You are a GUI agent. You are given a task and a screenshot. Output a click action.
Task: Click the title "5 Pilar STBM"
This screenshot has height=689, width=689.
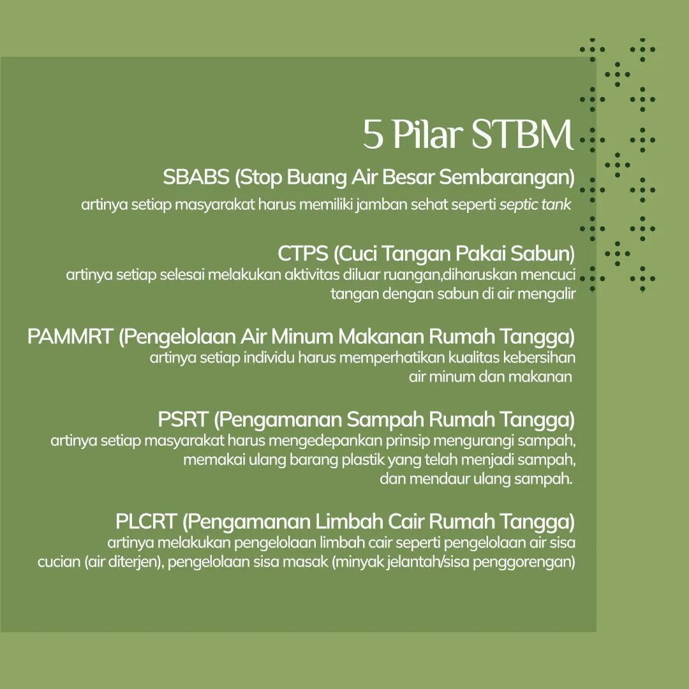(x=468, y=134)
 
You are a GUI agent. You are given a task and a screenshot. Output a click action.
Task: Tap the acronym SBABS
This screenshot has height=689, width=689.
(x=195, y=177)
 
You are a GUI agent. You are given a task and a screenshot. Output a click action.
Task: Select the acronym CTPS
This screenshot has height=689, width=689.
(x=302, y=253)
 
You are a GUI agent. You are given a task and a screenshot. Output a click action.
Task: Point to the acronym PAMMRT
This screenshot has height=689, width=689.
(x=70, y=336)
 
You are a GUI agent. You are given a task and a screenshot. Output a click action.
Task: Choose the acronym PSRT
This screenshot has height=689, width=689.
(x=182, y=419)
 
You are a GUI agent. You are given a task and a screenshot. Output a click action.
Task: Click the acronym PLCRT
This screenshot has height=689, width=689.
(x=145, y=521)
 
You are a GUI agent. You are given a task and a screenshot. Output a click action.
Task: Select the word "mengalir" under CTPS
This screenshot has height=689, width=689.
(x=547, y=293)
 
